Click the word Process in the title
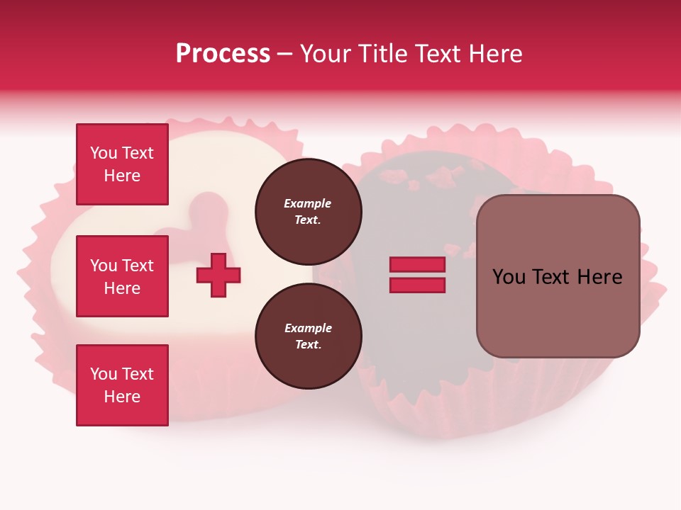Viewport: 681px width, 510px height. coord(223,53)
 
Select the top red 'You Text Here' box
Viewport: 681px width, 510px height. coord(122,164)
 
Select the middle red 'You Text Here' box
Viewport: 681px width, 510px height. coord(122,276)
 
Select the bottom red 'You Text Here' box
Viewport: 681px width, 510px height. coord(122,385)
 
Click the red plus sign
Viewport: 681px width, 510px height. coord(218,275)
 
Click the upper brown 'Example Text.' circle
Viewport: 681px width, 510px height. coord(308,212)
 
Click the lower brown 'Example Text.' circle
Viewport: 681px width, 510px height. coord(308,336)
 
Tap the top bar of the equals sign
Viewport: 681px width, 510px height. coord(417,265)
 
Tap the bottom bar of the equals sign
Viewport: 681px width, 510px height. coord(417,285)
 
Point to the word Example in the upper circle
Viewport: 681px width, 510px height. coord(308,203)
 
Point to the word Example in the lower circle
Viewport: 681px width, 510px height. coord(308,328)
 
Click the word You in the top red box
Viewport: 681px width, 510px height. coord(104,153)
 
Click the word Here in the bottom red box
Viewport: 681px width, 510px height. coord(122,397)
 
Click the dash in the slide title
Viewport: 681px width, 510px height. coord(284,54)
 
